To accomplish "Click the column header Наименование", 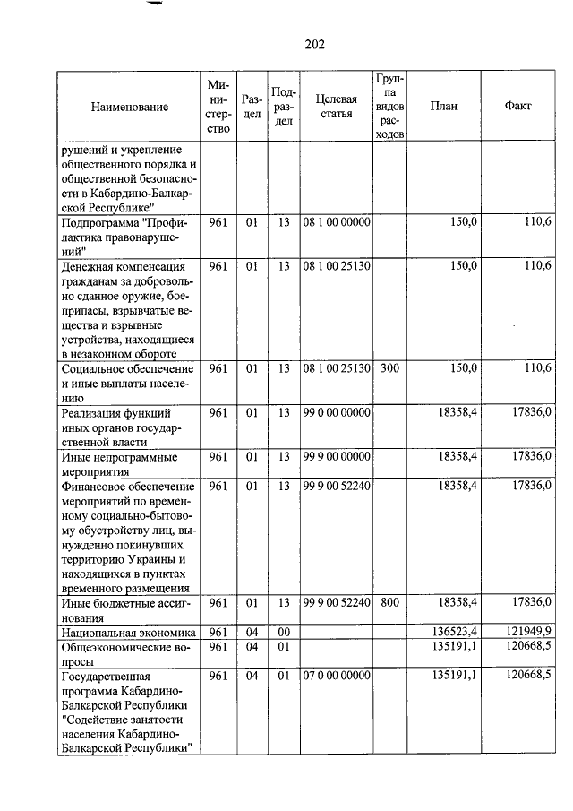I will pyautogui.click(x=129, y=107).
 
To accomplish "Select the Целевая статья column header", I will pyautogui.click(x=336, y=107).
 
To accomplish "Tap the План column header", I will pyautogui.click(x=443, y=106).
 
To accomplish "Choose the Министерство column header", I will pyautogui.click(x=218, y=107).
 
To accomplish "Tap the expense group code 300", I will pyautogui.click(x=389, y=368).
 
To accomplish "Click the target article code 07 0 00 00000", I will pyautogui.click(x=336, y=675).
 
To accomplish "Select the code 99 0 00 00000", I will pyautogui.click(x=336, y=412).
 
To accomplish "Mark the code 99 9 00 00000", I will pyautogui.click(x=336, y=456).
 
